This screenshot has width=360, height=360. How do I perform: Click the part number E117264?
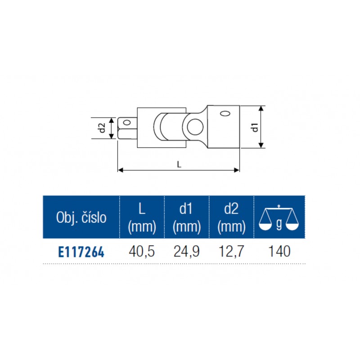(81, 252)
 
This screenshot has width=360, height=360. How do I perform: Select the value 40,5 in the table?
(142, 252)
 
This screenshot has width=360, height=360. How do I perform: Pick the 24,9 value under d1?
(186, 252)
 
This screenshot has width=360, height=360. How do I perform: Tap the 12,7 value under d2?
(231, 252)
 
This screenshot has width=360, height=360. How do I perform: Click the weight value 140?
(279, 251)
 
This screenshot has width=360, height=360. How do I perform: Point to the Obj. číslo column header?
(81, 217)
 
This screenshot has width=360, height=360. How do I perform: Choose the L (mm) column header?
(142, 218)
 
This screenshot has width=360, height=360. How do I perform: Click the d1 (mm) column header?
(186, 218)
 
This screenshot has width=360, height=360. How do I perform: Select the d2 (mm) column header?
(231, 218)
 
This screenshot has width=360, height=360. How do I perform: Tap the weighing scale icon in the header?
(279, 218)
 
